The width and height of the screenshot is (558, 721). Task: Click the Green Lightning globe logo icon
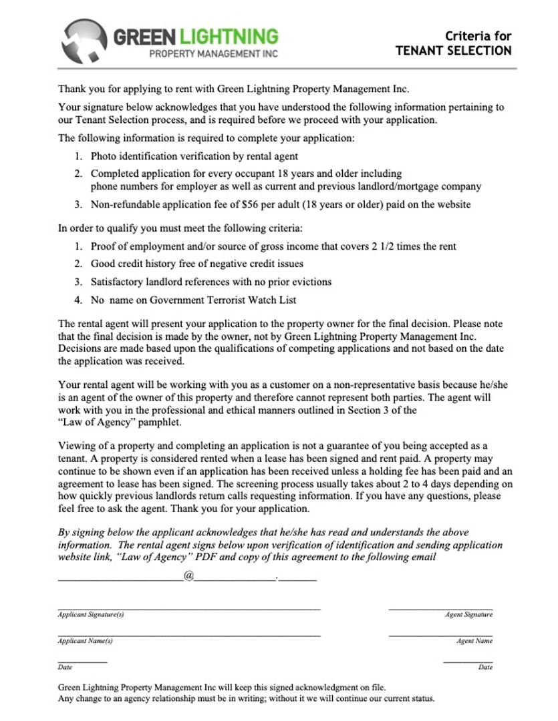pos(84,40)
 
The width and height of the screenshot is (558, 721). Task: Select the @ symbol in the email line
pos(188,575)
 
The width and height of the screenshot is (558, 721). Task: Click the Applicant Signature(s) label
pos(91,614)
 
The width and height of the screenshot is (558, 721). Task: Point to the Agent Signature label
pos(468,614)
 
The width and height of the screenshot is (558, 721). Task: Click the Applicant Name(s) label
pos(86,641)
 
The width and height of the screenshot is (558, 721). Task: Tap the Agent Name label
pos(474,641)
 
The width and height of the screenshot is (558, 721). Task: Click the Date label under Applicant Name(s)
pos(65,667)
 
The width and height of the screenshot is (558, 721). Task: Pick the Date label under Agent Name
pos(485,667)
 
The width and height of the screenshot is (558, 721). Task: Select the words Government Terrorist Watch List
pos(223,300)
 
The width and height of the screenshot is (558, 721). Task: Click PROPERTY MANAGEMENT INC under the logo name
pos(213,53)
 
